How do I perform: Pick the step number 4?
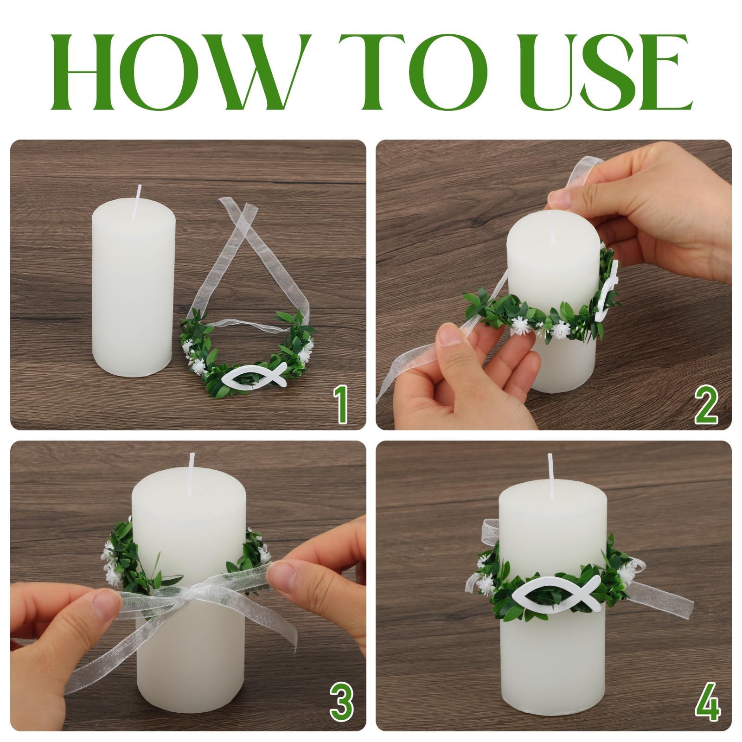[x=708, y=703]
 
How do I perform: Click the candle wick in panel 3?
[x=191, y=468]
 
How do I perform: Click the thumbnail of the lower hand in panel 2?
[x=446, y=338]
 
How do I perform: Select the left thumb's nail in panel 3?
[x=106, y=606]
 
